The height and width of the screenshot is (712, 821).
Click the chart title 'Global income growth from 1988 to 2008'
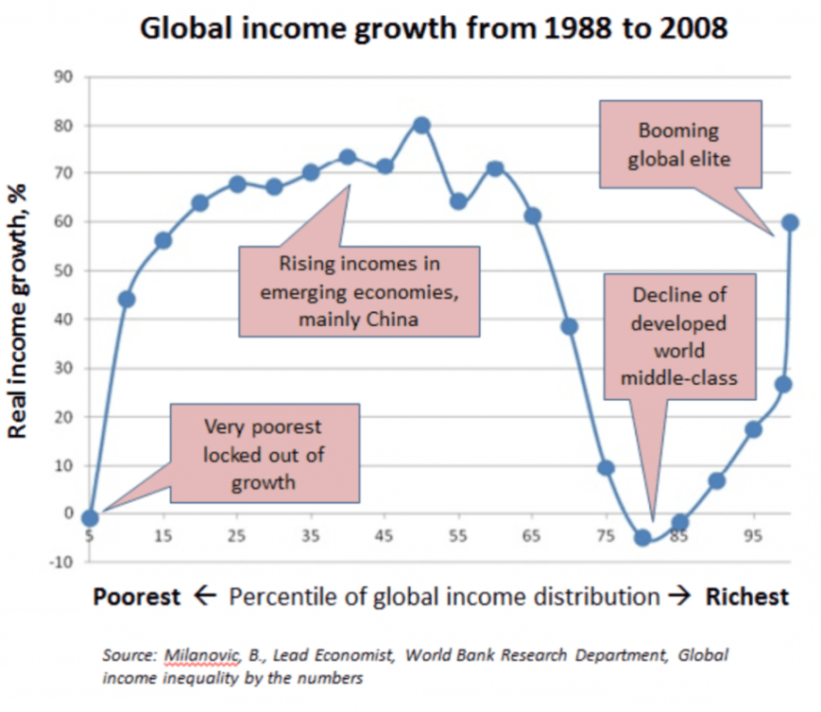tap(434, 28)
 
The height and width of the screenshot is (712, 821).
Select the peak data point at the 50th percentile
tap(421, 126)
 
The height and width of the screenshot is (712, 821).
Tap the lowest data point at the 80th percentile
tap(643, 537)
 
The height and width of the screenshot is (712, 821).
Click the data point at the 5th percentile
tap(90, 518)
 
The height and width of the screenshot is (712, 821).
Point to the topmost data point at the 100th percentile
tap(790, 223)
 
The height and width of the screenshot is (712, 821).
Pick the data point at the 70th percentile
tap(569, 327)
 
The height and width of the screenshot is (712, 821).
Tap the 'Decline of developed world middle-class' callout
tap(679, 337)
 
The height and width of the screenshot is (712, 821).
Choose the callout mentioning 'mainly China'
tap(358, 292)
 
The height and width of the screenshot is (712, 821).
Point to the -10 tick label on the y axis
tap(61, 563)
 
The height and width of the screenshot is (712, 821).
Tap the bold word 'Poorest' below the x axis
tap(136, 597)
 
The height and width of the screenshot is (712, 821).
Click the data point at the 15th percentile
tap(163, 240)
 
